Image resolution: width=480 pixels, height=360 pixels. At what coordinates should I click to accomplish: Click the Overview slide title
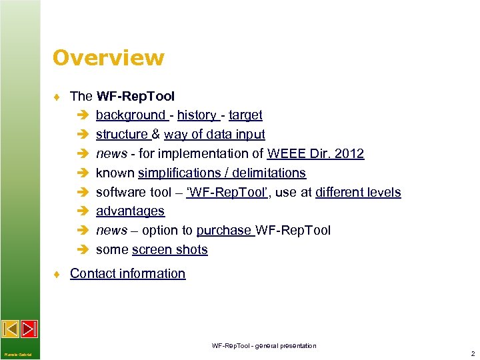[108, 58]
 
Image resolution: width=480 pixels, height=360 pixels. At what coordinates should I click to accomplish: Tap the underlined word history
[197, 115]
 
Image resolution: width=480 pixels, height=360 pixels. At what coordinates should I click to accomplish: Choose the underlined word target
[245, 115]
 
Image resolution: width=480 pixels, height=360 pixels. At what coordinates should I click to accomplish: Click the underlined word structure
[122, 135]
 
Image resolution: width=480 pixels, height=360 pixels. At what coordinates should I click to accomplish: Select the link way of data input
[214, 135]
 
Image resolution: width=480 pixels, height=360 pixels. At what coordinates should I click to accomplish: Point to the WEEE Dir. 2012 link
[315, 154]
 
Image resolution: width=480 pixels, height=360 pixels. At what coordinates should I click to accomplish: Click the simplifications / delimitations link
[221, 173]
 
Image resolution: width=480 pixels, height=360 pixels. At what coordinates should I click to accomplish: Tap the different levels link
[358, 193]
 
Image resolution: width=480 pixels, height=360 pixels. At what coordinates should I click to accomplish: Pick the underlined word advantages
[130, 211]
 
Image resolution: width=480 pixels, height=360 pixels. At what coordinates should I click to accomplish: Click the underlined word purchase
[224, 231]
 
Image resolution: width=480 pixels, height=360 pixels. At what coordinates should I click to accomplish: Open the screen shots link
[170, 250]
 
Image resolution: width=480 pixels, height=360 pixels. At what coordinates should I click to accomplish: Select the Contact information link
[127, 273]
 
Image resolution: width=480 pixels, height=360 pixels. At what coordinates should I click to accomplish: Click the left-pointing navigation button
[10, 329]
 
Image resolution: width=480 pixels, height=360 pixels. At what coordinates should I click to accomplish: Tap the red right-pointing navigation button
[29, 329]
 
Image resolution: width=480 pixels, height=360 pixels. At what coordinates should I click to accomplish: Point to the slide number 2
[472, 353]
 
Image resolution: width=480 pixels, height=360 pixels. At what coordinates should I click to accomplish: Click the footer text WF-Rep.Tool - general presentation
[264, 345]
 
